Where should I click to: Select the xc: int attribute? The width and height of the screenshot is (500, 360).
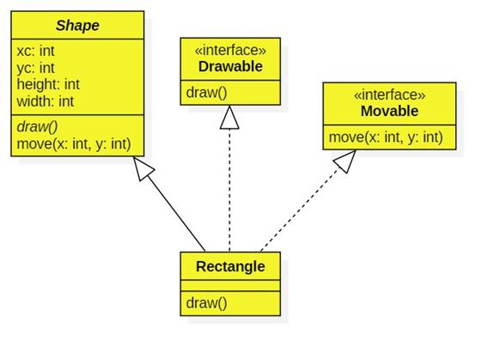click(x=35, y=51)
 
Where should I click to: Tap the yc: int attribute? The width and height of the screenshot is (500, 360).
click(x=35, y=67)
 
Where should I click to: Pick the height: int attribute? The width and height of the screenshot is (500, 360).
click(x=48, y=84)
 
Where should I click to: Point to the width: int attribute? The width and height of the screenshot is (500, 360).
click(x=46, y=101)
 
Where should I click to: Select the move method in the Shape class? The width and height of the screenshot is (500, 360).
click(x=73, y=143)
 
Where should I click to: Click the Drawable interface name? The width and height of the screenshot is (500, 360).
click(x=229, y=66)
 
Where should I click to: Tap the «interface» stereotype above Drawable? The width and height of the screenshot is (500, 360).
click(x=229, y=51)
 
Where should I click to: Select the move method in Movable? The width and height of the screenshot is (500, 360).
click(x=386, y=137)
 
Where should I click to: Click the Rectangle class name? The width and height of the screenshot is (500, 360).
click(x=230, y=265)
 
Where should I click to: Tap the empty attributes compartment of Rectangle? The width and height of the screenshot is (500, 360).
click(x=230, y=284)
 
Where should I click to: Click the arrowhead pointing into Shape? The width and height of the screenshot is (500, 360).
click(x=143, y=171)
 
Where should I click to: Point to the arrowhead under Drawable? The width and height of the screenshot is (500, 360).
click(x=229, y=117)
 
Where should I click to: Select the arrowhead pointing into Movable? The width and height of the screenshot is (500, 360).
click(x=345, y=161)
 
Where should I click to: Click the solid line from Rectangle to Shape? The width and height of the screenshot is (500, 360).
click(x=176, y=211)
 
